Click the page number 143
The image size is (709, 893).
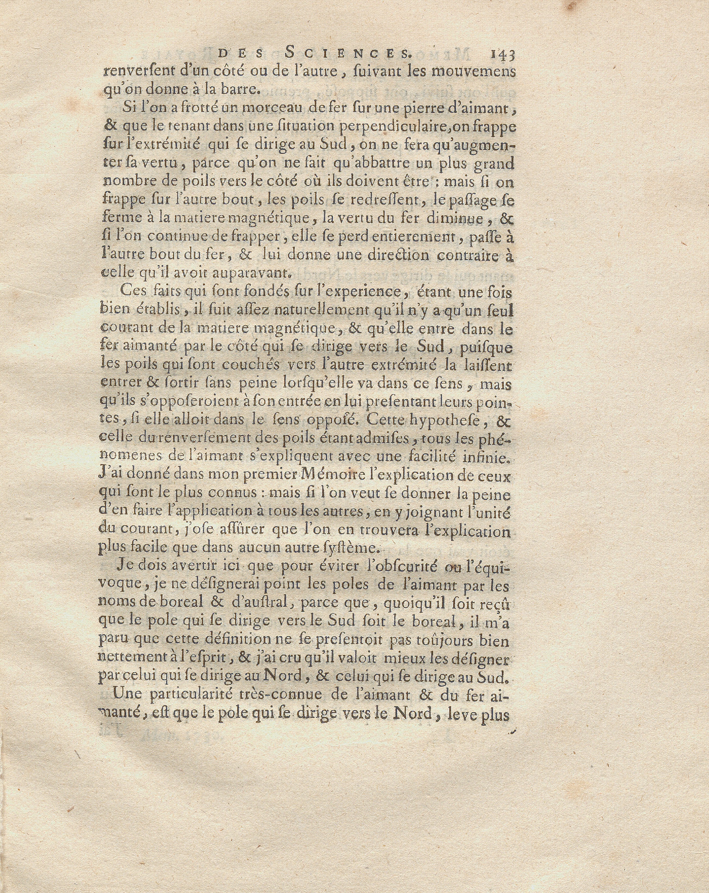(x=502, y=55)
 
